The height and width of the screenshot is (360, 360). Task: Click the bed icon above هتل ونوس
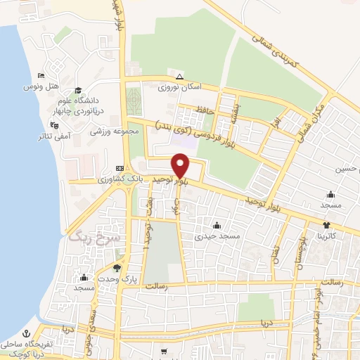41,75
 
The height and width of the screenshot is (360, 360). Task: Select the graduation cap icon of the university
78,91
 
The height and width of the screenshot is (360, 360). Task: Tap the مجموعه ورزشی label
105,131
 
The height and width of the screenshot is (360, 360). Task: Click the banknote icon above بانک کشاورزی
120,168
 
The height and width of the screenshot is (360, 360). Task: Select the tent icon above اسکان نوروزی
179,76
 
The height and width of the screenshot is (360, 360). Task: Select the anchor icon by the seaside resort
27,333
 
